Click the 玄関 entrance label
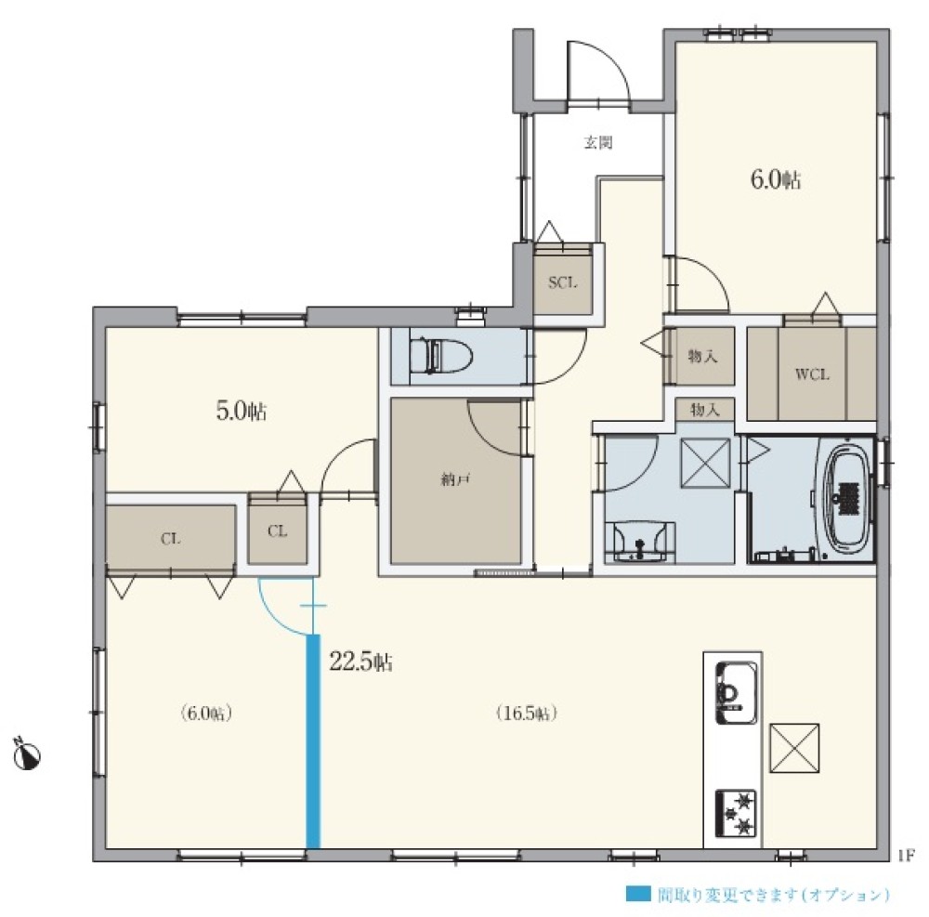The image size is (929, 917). pos(597,143)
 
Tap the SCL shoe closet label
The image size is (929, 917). pos(562,282)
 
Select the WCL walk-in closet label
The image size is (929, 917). pos(812,374)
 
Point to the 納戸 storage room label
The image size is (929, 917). pos(455,479)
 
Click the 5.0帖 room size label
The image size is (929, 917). pos(242,411)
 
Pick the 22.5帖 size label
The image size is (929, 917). pos(360,662)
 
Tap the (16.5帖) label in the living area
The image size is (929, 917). pos(526,714)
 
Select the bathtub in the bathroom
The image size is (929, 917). pos(847,498)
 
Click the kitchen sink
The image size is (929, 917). pos(736,692)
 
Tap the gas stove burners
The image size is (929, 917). pos(736,813)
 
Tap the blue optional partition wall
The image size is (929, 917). pos(313,741)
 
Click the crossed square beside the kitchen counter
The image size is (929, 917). pos(794,748)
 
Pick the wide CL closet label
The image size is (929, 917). pos(171,539)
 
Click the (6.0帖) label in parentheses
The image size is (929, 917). pos(205,714)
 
